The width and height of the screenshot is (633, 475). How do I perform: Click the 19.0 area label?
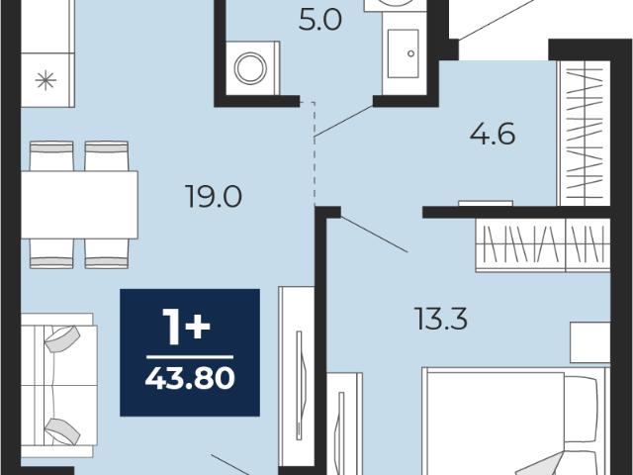(x=214, y=196)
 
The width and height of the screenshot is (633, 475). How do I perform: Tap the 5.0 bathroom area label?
(x=320, y=20)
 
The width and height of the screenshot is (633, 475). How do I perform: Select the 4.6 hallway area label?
(x=493, y=134)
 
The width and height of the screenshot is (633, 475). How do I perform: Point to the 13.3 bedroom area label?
(x=441, y=319)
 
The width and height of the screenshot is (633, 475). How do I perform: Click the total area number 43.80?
(x=190, y=378)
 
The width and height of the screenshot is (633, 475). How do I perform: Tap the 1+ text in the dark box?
(x=187, y=328)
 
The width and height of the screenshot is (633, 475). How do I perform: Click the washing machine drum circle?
(x=250, y=68)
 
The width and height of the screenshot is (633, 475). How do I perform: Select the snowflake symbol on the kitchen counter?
(x=45, y=80)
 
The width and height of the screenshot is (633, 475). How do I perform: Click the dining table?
(x=79, y=205)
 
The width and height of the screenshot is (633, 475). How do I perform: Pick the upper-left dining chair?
(x=51, y=156)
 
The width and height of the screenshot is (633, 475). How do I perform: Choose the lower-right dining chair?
(x=107, y=253)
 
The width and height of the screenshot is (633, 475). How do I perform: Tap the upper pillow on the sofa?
(x=62, y=338)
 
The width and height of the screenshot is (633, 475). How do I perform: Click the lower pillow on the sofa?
(x=62, y=431)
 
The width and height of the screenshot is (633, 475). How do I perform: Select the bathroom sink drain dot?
(x=411, y=53)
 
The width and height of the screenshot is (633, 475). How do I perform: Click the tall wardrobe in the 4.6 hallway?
(x=584, y=134)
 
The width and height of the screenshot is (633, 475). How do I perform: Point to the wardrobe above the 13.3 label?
(x=543, y=244)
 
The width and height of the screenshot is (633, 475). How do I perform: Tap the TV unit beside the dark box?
(x=297, y=376)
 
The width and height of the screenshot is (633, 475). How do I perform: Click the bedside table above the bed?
(x=589, y=342)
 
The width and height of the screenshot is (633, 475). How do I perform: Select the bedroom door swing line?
(x=374, y=235)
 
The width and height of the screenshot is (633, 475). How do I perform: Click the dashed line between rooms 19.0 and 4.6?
(x=315, y=153)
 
